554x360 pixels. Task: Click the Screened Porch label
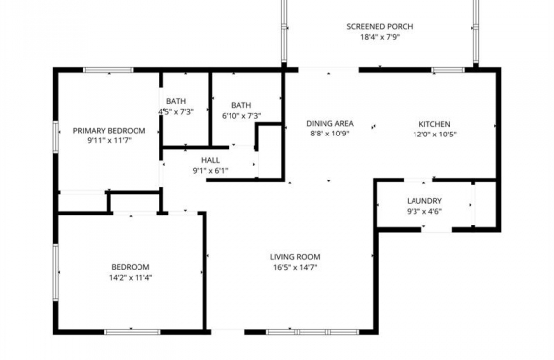380,26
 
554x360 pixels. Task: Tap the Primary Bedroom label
109,131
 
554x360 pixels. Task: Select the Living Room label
295,257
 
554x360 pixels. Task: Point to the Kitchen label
434,124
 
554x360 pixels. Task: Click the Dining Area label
329,123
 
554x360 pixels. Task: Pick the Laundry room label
424,201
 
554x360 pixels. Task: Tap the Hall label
210,160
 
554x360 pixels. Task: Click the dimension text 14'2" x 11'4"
131,278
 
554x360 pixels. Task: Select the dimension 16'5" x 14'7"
295,267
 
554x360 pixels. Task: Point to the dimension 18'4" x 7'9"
380,37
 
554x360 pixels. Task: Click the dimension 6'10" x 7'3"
241,116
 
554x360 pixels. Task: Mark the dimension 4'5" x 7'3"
176,112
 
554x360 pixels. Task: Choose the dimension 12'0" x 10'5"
435,135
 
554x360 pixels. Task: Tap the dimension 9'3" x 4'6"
424,212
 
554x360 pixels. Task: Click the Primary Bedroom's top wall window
108,70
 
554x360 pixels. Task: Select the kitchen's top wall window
448,70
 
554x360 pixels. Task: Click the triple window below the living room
313,332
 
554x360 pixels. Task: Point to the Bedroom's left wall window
55,272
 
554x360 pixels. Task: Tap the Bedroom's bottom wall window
133,332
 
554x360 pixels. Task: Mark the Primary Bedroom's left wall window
55,137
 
